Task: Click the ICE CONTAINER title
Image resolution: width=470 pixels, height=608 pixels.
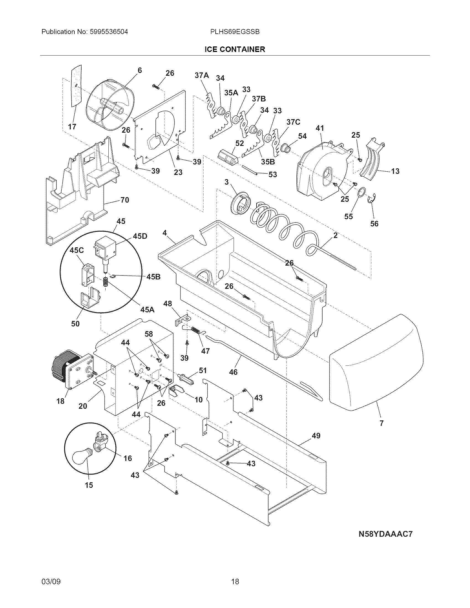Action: point(235,49)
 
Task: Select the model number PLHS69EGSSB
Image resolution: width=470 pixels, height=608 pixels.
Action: point(235,32)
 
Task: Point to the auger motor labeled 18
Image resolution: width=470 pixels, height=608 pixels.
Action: point(70,369)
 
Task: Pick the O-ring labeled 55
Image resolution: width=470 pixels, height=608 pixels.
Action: point(361,193)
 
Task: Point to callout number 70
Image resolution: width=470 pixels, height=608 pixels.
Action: point(125,200)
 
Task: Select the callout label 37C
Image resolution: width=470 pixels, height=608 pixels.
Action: point(293,122)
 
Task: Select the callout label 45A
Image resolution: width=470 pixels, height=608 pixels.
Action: point(147,309)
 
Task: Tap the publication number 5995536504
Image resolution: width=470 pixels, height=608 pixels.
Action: point(109,32)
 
